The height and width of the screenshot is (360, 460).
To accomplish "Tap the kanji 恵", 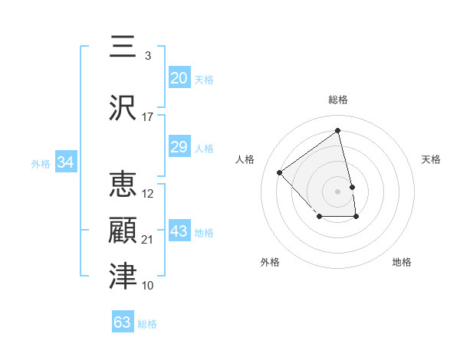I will point(123,185).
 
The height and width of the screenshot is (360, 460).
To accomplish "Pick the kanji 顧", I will point(123,230).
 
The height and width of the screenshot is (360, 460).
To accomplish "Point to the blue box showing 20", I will point(179,78).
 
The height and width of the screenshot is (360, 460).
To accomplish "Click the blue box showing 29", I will point(179,147).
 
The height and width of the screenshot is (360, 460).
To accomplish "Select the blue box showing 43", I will point(179,231).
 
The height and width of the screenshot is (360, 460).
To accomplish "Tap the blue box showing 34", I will point(66,162).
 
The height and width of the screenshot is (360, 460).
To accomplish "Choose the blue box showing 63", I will point(123,322).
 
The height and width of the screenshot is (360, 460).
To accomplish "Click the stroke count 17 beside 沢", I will point(148,117).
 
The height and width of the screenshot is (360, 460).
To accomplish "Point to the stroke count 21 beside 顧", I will point(148,240).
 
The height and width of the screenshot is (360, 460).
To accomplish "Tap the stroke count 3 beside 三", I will point(147,56).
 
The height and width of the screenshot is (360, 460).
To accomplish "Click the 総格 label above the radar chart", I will point(338,100).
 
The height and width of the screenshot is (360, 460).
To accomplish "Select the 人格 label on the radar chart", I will point(245,159).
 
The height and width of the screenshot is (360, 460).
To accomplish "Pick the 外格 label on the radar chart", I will point(270,262).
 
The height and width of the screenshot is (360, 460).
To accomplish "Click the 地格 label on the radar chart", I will point(402,262).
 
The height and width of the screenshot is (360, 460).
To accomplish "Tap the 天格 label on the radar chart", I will point(431,159).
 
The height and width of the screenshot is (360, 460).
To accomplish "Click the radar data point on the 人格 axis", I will point(280,172).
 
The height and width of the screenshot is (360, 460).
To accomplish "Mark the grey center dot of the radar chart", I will point(338,191).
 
